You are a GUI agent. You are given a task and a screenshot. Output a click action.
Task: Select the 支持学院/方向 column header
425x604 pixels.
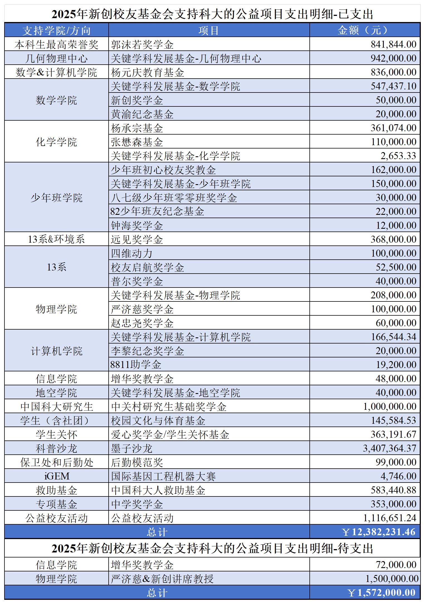56,30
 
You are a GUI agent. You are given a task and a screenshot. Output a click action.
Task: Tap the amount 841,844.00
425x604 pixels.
393,44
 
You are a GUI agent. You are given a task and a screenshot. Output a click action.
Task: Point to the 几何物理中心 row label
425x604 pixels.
56,58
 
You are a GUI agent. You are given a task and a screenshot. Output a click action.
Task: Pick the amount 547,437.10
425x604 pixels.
393,86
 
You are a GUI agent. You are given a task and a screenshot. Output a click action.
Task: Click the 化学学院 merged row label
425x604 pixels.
56,142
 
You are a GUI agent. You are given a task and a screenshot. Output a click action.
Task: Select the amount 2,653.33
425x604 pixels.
398,155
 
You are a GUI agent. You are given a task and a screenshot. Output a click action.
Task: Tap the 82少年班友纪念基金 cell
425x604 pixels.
157,211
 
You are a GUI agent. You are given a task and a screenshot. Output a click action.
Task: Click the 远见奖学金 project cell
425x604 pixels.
137,239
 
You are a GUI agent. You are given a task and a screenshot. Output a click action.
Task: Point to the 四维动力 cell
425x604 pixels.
131,253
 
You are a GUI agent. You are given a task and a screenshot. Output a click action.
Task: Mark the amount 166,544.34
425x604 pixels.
393,337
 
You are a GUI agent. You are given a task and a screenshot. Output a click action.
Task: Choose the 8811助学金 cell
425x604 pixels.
136,364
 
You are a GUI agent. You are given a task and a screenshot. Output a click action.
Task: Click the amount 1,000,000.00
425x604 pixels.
390,406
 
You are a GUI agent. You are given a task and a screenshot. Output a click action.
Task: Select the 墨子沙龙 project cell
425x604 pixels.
131,448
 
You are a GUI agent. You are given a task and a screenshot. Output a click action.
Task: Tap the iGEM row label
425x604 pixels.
57,476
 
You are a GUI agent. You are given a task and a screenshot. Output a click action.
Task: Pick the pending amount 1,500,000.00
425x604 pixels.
392,578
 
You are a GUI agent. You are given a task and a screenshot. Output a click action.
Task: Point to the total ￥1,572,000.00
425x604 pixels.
382,592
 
